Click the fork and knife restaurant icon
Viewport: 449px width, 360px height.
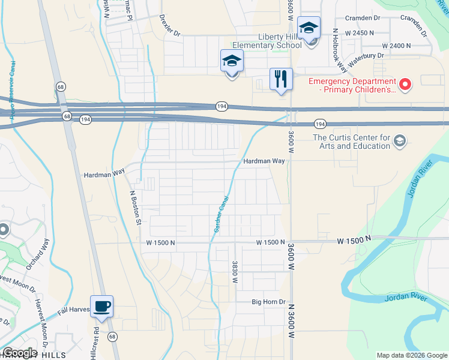[280, 79]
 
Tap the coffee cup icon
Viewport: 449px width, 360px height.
[101, 307]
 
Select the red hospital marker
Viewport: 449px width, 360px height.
[406, 85]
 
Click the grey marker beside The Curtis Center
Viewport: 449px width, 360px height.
[400, 142]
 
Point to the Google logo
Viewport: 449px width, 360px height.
[19, 353]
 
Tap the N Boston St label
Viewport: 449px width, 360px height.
[135, 208]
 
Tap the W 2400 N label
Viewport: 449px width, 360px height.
[396, 46]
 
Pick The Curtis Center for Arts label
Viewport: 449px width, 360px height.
[352, 142]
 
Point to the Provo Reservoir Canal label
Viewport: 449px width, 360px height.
[11, 90]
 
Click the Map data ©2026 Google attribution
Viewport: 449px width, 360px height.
[411, 355]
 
